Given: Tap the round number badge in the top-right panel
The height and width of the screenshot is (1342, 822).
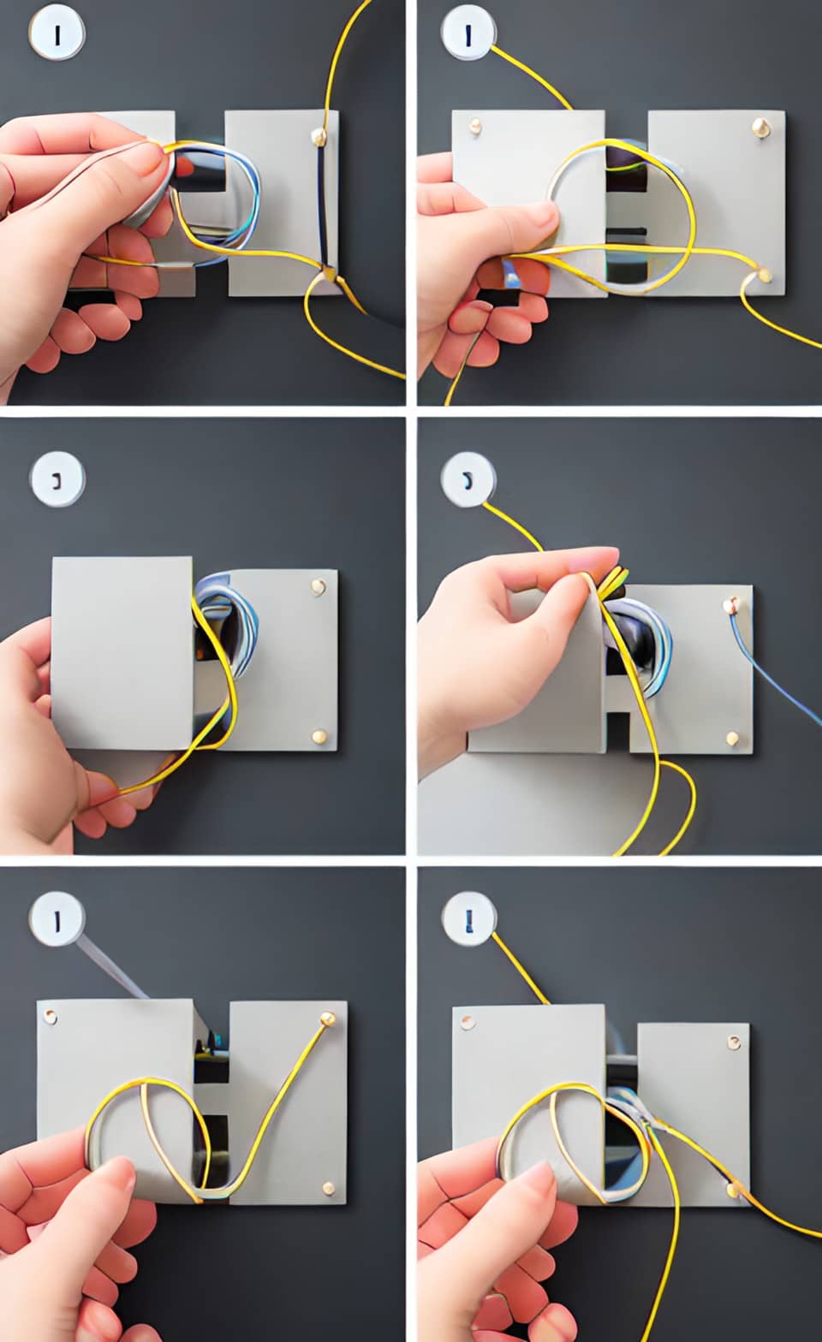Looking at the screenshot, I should point(468,35).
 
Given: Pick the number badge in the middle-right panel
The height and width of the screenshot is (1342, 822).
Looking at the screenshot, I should point(468,479).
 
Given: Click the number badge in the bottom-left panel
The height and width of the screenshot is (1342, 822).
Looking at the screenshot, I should point(57,921).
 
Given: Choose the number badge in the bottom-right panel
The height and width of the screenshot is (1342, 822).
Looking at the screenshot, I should point(468,921).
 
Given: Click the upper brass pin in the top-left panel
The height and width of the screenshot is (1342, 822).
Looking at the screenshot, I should point(319,135).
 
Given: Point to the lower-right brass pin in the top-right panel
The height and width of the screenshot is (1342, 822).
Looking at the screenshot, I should point(764,276).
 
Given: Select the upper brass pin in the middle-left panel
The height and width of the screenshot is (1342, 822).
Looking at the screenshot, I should point(319,587).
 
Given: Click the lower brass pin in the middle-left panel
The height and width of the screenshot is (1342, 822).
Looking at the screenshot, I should point(319,735).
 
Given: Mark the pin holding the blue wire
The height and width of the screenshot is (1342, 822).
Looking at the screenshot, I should point(730,606).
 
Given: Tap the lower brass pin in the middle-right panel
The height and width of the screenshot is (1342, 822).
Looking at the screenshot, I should point(733,737).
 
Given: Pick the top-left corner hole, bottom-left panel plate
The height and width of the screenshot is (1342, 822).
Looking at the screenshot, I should point(50,1017).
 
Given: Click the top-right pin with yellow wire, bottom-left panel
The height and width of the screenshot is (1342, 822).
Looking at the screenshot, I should point(327,1018).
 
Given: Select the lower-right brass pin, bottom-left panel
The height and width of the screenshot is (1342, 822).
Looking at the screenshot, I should point(328,1187).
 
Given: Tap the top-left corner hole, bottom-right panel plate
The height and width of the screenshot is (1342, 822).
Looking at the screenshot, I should point(467,1022).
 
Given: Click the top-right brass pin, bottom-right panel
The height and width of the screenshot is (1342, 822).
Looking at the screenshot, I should point(734,1042).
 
